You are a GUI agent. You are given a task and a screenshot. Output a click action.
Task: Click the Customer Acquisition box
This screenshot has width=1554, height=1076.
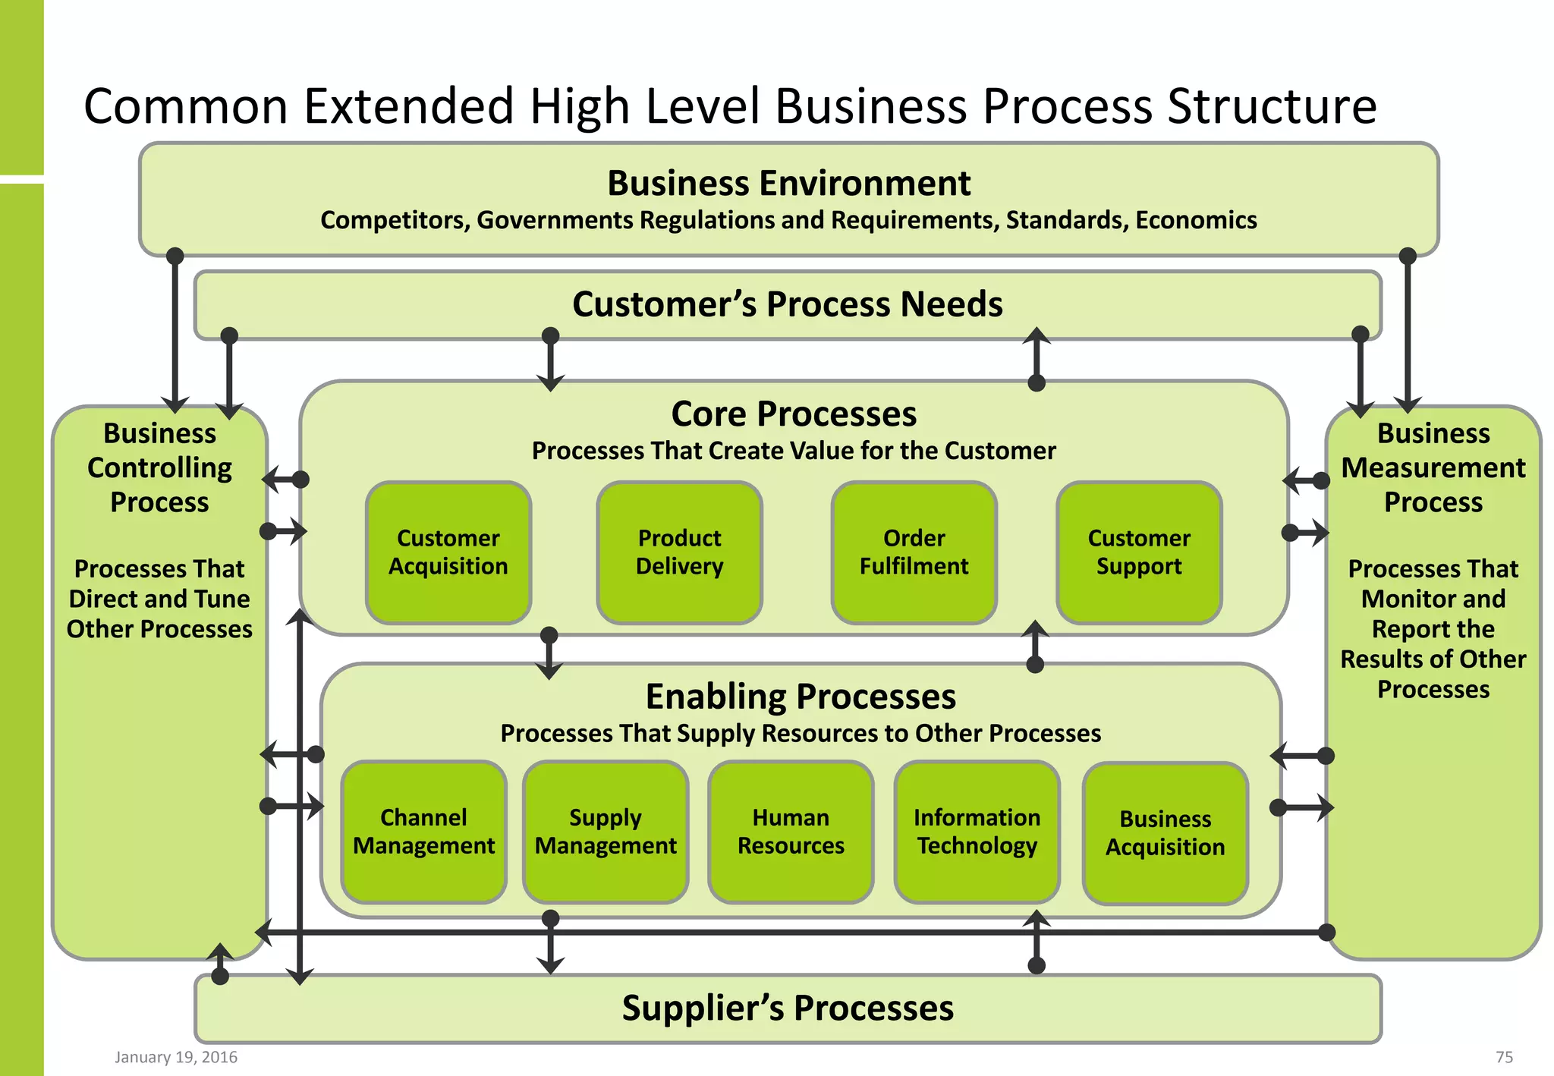click(448, 552)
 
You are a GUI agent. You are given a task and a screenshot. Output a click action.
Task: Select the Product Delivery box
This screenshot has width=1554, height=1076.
click(679, 552)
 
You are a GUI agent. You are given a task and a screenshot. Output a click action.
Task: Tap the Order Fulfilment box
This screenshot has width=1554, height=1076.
click(914, 552)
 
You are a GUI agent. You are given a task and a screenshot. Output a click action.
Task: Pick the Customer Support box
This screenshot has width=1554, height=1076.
click(1138, 552)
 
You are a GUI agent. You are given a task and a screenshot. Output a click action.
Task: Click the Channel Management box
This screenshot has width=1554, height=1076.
click(423, 832)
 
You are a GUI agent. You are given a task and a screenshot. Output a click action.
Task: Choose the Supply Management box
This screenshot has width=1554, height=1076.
click(606, 832)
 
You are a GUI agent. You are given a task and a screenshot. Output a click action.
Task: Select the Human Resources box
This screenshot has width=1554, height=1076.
click(791, 832)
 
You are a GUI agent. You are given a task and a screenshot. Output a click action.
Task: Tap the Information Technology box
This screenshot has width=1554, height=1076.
click(977, 832)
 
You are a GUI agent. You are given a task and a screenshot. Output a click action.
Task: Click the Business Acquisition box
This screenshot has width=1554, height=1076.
click(1165, 833)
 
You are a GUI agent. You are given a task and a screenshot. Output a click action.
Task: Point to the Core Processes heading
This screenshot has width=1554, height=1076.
click(794, 414)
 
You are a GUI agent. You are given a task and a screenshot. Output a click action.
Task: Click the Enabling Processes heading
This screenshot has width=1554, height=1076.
click(801, 697)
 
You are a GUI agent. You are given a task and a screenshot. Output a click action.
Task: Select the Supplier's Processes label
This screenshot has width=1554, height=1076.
click(788, 1008)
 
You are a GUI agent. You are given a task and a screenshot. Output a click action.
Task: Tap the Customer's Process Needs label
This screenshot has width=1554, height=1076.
click(788, 304)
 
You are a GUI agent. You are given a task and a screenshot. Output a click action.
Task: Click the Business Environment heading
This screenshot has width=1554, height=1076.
click(788, 184)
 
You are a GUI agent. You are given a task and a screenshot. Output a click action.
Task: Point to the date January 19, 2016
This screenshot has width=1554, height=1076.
click(176, 1057)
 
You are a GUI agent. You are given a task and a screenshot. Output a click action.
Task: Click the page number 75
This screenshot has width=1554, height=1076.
click(1504, 1057)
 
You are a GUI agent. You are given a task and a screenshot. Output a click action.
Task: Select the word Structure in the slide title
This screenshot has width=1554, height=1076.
click(1272, 106)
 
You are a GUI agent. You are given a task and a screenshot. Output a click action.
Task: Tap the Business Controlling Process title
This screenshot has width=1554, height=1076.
click(159, 467)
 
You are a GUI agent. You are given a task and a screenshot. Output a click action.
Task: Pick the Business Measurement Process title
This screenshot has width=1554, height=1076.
click(1433, 467)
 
